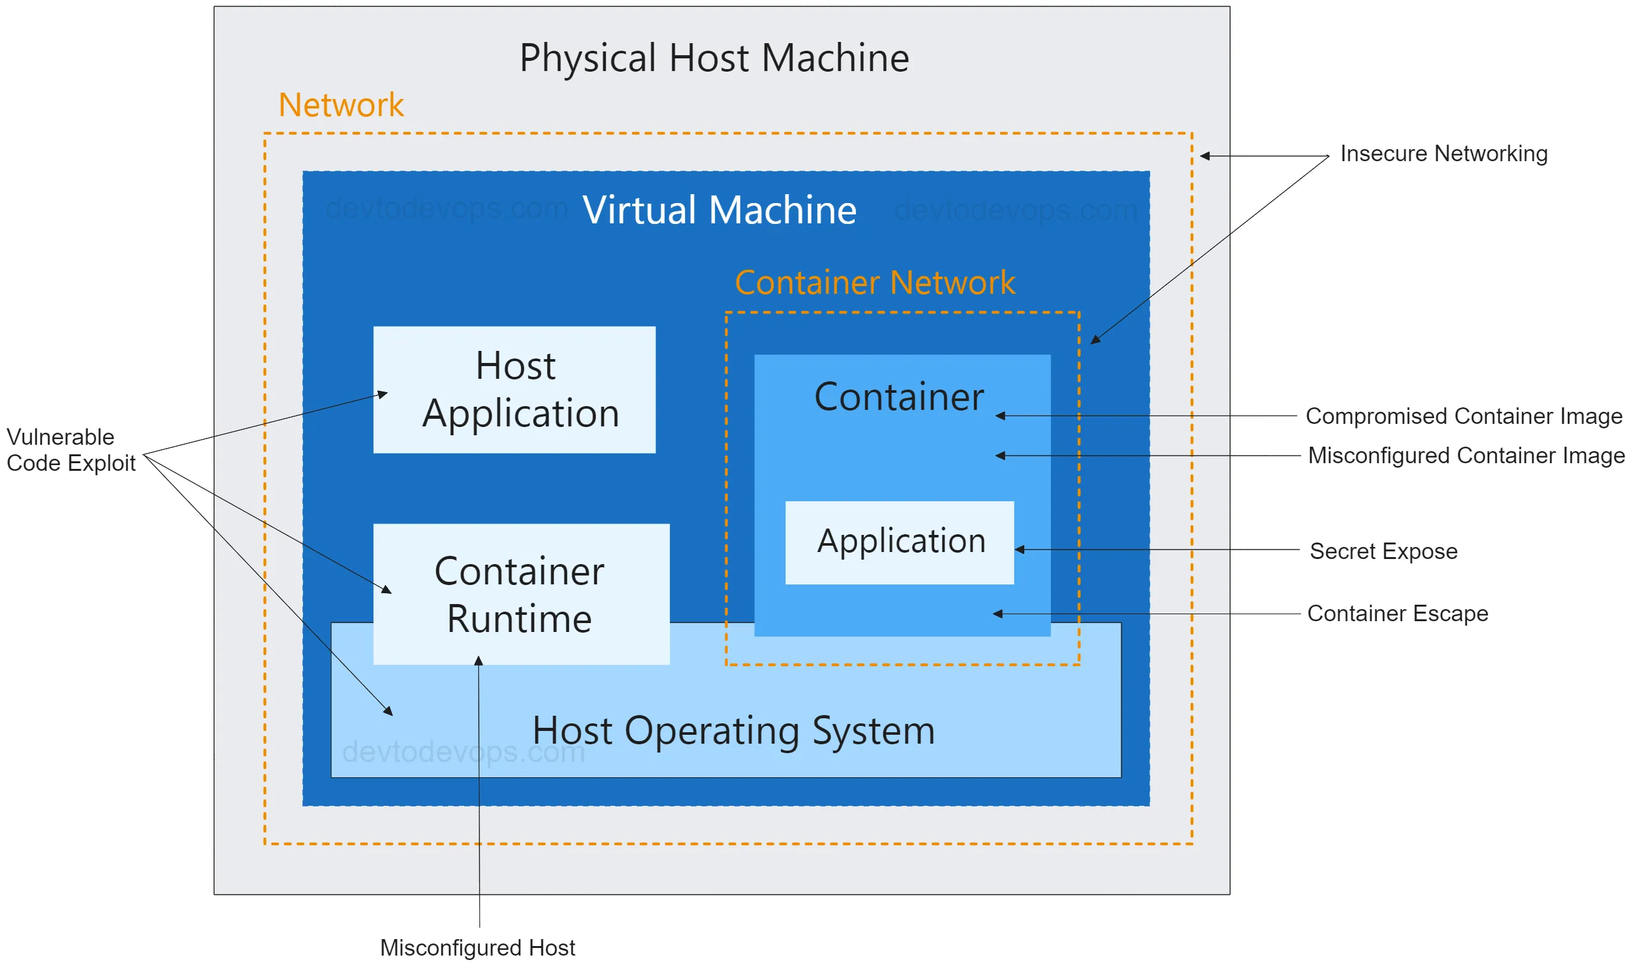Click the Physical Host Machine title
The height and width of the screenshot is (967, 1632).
tap(714, 58)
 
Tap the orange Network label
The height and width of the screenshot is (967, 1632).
tap(341, 105)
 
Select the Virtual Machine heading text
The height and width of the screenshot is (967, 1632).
tap(719, 210)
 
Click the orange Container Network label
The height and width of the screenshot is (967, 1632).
tap(874, 282)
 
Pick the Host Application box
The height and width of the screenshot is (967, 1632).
tap(514, 390)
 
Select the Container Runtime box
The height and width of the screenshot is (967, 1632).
tap(520, 595)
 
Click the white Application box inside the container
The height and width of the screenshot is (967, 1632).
tap(900, 542)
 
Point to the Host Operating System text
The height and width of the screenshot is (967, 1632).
tap(733, 730)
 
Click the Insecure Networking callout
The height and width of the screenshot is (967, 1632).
tap(1443, 154)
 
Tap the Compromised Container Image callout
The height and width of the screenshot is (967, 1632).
tap(1463, 416)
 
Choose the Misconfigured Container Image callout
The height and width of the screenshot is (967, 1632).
tap(1466, 456)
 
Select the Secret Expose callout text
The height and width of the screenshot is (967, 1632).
tap(1383, 551)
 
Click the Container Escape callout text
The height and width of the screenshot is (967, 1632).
tap(1397, 613)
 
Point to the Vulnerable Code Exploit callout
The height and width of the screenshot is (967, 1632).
tap(70, 450)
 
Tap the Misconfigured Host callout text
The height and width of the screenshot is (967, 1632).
tap(478, 947)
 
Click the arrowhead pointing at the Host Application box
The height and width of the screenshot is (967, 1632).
tap(384, 393)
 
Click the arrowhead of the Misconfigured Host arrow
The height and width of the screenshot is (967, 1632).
tap(479, 661)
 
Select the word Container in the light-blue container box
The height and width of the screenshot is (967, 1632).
tap(899, 397)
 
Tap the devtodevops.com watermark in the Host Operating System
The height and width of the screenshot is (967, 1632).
tap(464, 752)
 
